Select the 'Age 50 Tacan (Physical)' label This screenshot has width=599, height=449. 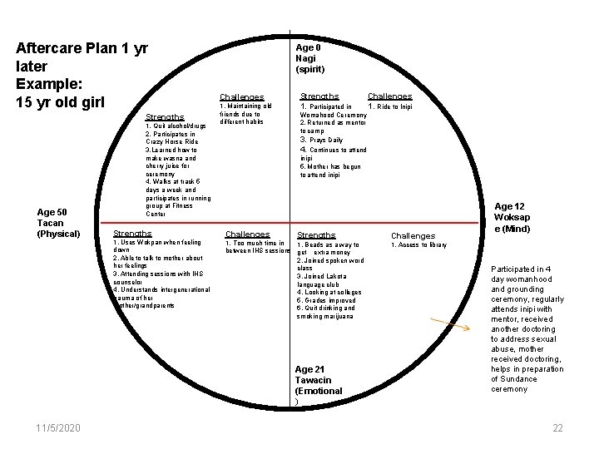(x=58, y=223)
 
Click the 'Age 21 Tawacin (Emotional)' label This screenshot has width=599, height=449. (x=318, y=385)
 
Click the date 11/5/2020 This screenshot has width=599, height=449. (x=58, y=427)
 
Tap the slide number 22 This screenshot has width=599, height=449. (x=558, y=427)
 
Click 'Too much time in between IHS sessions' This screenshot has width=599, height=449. (x=257, y=247)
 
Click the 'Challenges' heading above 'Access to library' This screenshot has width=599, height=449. (x=413, y=236)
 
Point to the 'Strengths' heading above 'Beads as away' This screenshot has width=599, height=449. (x=316, y=235)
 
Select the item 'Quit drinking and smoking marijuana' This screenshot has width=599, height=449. (x=325, y=312)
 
